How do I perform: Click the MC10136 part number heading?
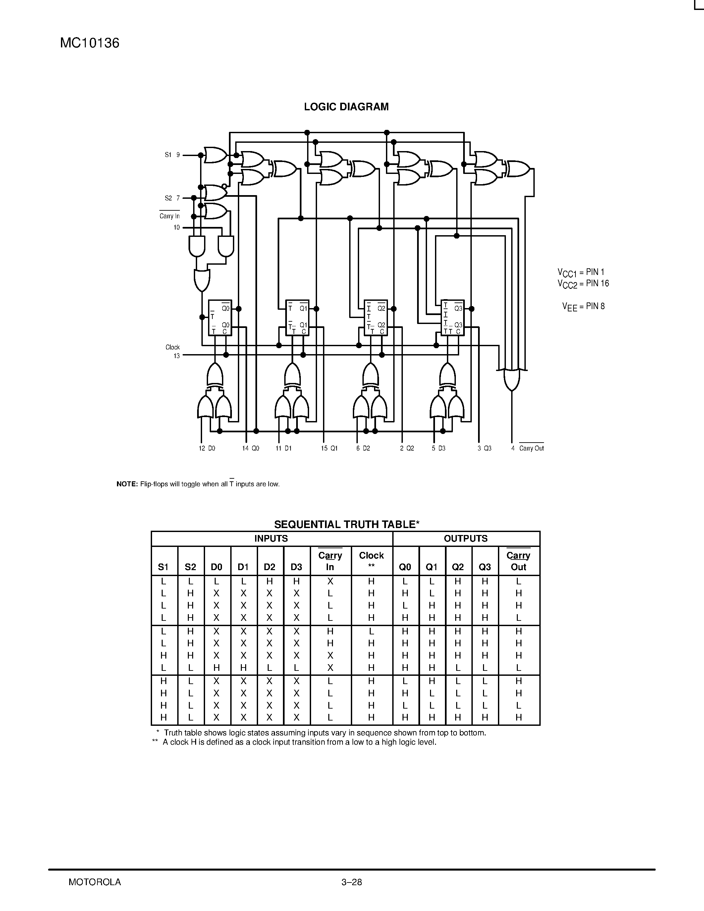(x=90, y=43)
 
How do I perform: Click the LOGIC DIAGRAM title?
(x=346, y=107)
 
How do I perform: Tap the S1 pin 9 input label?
(x=172, y=155)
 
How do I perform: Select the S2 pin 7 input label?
(x=172, y=198)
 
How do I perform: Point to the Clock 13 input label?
(x=173, y=351)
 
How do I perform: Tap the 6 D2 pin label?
(x=363, y=449)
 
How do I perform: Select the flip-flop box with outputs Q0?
(x=220, y=317)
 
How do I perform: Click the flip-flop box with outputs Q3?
(x=453, y=317)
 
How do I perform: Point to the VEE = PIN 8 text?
(x=583, y=306)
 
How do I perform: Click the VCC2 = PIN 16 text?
(x=583, y=284)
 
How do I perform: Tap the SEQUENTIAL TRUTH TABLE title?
(x=346, y=524)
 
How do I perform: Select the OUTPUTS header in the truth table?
(x=465, y=539)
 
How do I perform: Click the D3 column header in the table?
(x=296, y=567)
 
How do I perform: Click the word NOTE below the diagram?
(x=127, y=484)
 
